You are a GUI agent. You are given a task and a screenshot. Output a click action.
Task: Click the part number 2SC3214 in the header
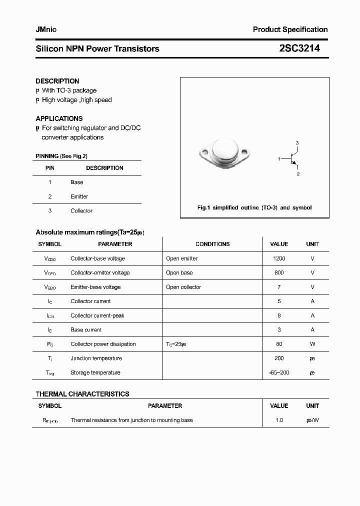[299, 48]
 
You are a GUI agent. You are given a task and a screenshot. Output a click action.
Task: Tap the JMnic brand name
[46, 29]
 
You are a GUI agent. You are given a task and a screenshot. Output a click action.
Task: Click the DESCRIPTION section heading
[57, 81]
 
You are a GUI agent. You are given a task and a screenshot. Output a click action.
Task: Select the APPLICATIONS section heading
[59, 118]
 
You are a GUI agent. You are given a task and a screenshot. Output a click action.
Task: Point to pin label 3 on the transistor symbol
[297, 143]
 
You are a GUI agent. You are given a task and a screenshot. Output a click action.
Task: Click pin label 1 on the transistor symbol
[279, 158]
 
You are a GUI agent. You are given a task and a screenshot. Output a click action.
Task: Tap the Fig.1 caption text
[254, 207]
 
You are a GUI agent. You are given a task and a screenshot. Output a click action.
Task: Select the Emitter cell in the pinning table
[79, 196]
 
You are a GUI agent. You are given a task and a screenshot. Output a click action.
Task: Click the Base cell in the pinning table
[76, 182]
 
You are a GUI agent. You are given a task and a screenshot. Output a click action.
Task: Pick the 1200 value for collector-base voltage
[279, 258]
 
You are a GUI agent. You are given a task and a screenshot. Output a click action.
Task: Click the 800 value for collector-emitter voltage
[279, 272]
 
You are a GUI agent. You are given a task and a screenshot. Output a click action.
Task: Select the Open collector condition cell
[183, 287]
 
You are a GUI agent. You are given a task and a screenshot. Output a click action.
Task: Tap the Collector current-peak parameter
[97, 315]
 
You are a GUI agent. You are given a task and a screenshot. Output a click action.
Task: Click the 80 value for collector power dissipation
[279, 344]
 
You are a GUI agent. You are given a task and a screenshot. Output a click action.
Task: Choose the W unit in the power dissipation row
[312, 344]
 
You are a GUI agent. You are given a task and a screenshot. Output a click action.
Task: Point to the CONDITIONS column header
[212, 244]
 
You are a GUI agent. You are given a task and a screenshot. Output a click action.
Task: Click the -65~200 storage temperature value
[279, 372]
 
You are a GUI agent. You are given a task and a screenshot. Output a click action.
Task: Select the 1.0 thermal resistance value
[279, 420]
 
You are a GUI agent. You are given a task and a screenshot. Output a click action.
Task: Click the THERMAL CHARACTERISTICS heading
[82, 394]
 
